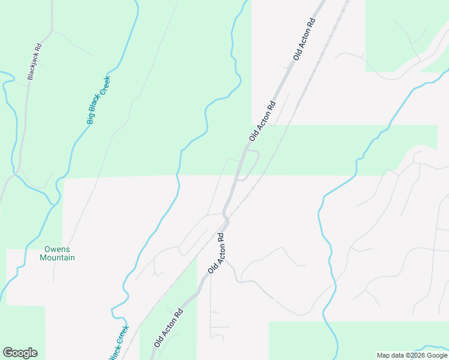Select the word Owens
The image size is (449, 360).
[x=57, y=249]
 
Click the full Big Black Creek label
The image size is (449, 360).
[x=98, y=100]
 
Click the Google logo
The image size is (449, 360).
[x=20, y=353]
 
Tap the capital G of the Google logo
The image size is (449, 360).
[x=8, y=353]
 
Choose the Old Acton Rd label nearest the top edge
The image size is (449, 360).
[x=304, y=38]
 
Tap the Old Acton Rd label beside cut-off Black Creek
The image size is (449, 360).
[x=167, y=328]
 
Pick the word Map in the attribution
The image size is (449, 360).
[x=384, y=355]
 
